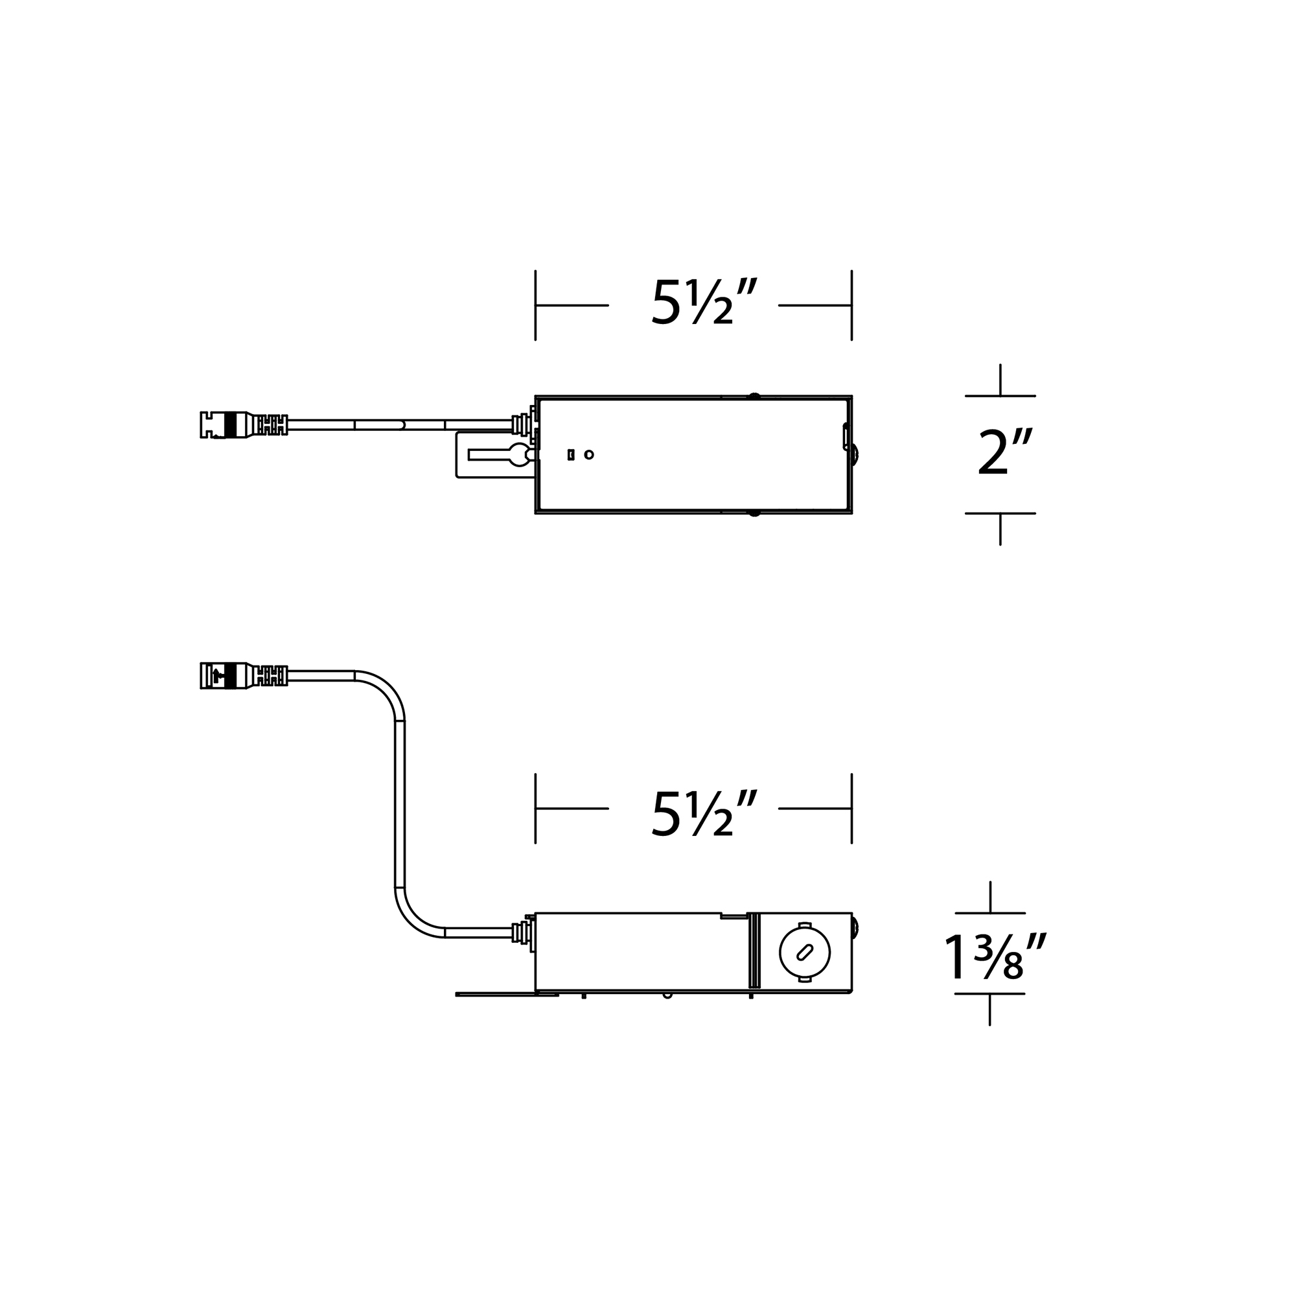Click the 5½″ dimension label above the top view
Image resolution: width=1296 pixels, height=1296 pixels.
pos(704,303)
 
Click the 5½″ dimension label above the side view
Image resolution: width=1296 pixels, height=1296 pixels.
pos(704,814)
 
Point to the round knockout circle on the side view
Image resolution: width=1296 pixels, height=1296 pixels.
pos(804,952)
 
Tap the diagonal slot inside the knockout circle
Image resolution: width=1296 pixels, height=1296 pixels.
pos(804,952)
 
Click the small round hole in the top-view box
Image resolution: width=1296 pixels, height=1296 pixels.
pos(589,455)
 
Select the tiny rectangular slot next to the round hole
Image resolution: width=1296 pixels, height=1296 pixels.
pos(571,455)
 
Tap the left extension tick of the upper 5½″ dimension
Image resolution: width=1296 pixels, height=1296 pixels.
pos(535,305)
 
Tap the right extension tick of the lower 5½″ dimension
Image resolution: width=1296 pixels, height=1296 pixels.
pos(851,808)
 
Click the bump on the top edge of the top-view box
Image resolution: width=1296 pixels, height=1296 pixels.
pos(754,397)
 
